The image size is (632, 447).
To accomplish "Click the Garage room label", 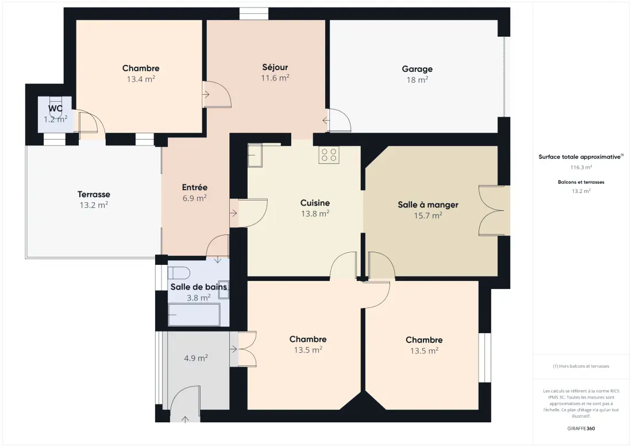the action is (417, 69).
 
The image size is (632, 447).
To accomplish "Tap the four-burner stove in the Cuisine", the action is (329, 155).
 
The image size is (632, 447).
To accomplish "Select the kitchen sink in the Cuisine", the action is (255, 155).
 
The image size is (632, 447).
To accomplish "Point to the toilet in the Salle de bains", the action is (179, 273).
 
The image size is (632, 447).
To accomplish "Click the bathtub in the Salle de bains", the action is (194, 314).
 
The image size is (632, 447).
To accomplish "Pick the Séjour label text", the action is (275, 67).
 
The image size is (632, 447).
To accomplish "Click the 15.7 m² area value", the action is (428, 215).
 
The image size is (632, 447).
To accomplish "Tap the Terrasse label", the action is (94, 194).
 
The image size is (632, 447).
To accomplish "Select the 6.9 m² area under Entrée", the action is (194, 198).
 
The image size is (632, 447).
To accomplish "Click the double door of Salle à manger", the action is (491, 210).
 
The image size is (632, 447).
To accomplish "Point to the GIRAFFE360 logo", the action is (581, 429).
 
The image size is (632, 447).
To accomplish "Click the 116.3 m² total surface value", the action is (581, 167).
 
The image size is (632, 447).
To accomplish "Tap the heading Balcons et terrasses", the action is (581, 182).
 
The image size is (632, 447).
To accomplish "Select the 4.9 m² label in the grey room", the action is (196, 358).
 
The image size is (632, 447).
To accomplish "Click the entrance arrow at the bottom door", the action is (185, 419).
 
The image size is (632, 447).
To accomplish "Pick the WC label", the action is (55, 109).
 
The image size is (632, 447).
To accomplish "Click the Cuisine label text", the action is (315, 203).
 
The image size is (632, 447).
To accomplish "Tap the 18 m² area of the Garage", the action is (417, 80).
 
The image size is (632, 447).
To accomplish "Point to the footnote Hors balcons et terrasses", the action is (581, 367).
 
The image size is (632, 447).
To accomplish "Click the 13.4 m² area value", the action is (141, 79).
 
